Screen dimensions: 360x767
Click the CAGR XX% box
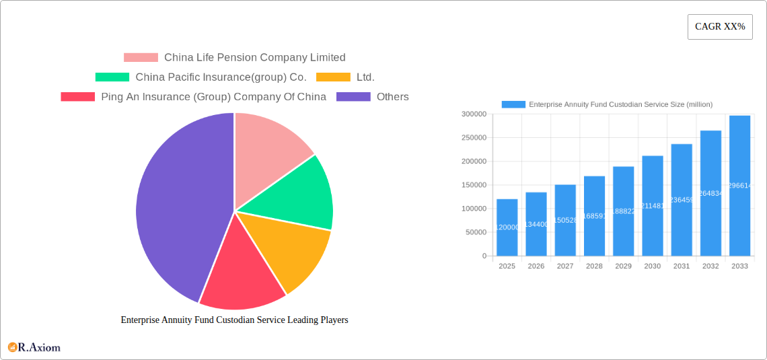tap(720, 27)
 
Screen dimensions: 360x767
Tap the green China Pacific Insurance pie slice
tap(303, 195)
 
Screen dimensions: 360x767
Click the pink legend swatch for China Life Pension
tap(141, 58)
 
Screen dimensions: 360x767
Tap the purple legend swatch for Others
tap(353, 97)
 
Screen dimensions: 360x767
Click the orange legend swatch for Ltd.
tap(333, 77)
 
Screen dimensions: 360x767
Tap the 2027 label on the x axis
tap(565, 266)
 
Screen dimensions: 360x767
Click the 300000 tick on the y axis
tap(473, 114)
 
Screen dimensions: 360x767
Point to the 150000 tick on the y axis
tap(473, 185)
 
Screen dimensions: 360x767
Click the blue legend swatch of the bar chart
tap(513, 104)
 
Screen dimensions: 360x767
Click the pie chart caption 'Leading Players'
tap(234, 320)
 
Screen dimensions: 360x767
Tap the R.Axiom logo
tap(34, 347)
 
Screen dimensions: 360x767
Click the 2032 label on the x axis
tap(710, 266)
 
